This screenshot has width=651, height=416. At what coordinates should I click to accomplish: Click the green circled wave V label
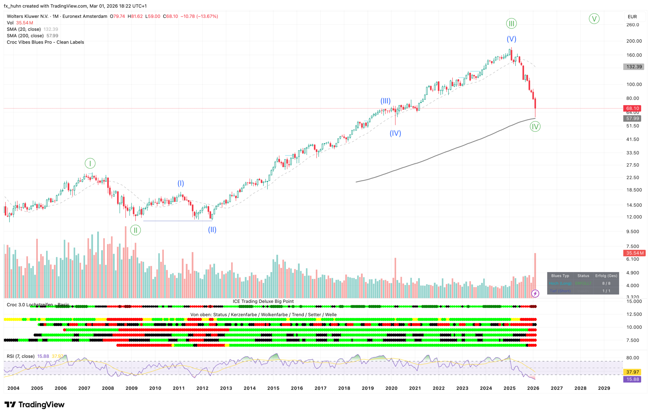[594, 19]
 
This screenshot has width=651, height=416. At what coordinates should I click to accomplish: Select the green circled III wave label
[511, 23]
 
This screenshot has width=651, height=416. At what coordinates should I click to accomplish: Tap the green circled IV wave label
[535, 126]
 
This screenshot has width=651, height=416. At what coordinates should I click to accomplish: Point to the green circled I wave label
[90, 163]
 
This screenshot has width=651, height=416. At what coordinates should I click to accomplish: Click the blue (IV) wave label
[395, 133]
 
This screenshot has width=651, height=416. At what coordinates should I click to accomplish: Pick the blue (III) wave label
[385, 101]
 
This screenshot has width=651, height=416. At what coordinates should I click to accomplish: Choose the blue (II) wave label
[212, 230]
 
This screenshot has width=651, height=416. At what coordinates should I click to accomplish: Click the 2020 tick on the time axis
[391, 388]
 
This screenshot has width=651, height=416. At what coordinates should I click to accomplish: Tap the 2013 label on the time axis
[226, 388]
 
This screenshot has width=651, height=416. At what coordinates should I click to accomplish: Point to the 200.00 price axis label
[634, 41]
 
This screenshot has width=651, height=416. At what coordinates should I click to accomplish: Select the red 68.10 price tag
[632, 108]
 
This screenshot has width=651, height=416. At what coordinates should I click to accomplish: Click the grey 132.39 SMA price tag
[634, 67]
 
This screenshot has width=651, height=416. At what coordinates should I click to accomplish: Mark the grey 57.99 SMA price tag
[632, 118]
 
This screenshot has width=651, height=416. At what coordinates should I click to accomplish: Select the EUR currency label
[632, 16]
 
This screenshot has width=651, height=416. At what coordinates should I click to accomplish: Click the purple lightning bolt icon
[535, 293]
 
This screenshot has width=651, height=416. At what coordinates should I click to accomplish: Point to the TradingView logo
[34, 405]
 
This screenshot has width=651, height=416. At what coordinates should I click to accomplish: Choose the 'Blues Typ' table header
[560, 276]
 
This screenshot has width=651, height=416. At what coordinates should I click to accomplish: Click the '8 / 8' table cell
[606, 283]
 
